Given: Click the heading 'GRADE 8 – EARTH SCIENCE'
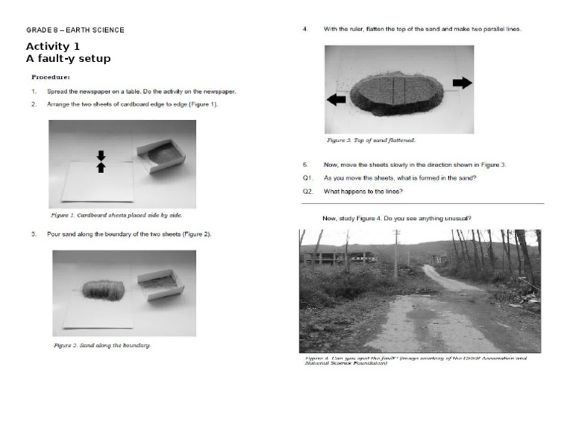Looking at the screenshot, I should pyautogui.click(x=75, y=30).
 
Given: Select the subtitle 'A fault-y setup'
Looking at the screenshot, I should pyautogui.click(x=68, y=59).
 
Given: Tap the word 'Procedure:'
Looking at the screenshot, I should pyautogui.click(x=51, y=77).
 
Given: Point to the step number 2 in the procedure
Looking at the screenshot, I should pyautogui.click(x=34, y=104).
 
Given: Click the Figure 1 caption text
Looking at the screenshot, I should pyautogui.click(x=116, y=215).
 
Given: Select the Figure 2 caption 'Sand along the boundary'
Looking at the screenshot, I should pyautogui.click(x=102, y=345).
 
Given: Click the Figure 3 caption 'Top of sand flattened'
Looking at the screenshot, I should pyautogui.click(x=371, y=140).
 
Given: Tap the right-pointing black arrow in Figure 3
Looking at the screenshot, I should pyautogui.click(x=463, y=83).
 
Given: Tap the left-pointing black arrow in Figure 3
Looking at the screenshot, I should pyautogui.click(x=336, y=99).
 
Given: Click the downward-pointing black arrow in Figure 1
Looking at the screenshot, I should pyautogui.click(x=101, y=155).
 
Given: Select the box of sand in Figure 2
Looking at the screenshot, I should pyautogui.click(x=161, y=283).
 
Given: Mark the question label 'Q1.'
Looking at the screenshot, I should pyautogui.click(x=307, y=178).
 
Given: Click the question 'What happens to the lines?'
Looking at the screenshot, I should pyautogui.click(x=363, y=192).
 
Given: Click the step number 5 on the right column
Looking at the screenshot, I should pyautogui.click(x=305, y=164).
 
